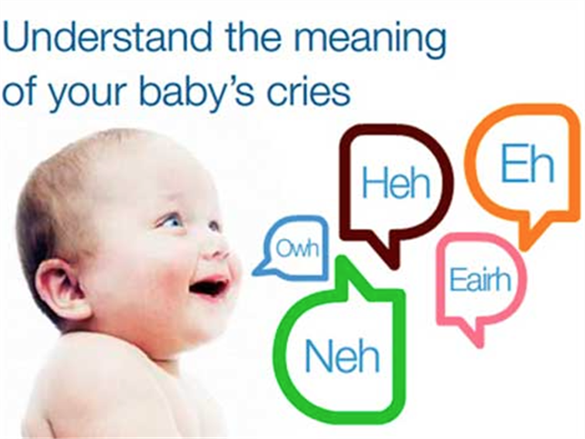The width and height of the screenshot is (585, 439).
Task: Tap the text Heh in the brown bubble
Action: (x=395, y=184)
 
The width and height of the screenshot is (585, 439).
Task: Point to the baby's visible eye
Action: (x=172, y=220)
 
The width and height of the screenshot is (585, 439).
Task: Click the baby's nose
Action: (x=219, y=243)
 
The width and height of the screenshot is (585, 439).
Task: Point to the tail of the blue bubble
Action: (x=258, y=270)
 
